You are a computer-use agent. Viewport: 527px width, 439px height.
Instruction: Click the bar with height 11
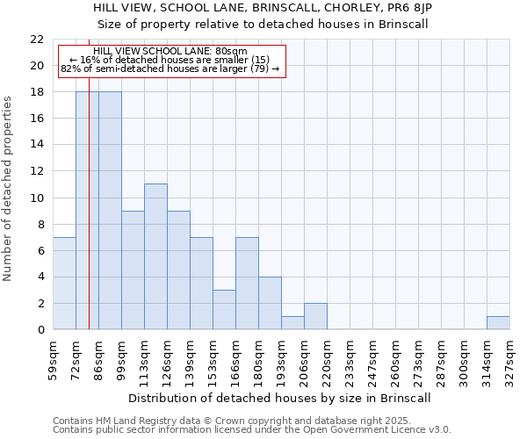coord(155,256)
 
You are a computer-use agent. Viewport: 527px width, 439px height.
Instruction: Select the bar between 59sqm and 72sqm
coord(64,283)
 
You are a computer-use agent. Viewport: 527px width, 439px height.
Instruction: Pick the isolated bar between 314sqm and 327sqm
coord(498,322)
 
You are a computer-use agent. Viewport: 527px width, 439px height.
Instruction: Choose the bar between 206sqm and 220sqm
coord(315,316)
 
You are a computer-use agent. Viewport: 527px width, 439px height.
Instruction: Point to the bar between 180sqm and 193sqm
coord(270,303)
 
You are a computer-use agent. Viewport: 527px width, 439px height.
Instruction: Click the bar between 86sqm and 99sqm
coord(110,211)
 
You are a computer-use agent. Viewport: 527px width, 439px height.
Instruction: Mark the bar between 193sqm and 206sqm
coord(292,322)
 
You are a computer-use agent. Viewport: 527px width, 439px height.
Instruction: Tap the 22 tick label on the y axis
coord(37,40)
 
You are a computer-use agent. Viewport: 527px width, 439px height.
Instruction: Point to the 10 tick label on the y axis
coord(37,198)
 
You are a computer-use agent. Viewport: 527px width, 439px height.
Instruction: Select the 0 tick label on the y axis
coord(40,330)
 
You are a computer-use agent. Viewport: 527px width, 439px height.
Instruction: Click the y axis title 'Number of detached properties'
coord(8,189)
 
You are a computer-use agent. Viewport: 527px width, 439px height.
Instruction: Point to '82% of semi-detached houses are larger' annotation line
coord(170,68)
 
